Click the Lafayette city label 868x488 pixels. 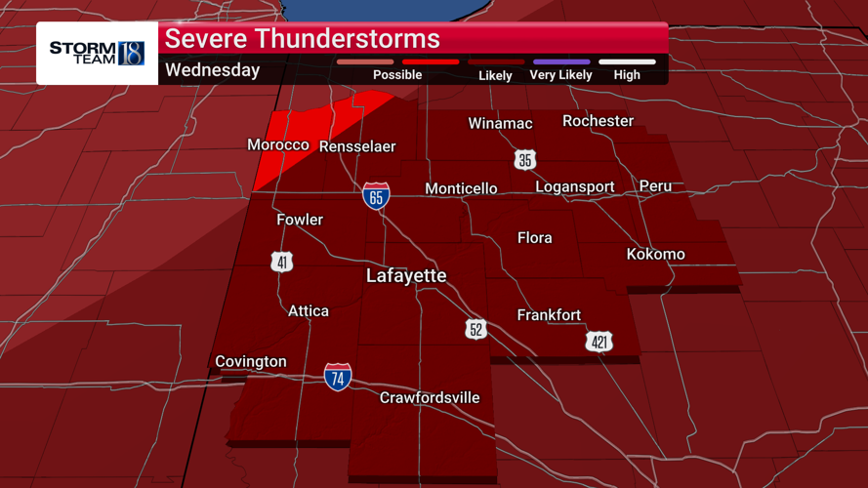(x=406, y=276)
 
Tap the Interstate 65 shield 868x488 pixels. (x=376, y=195)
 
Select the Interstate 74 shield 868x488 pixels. (x=338, y=377)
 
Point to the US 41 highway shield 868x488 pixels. (x=282, y=261)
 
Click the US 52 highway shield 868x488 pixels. (x=475, y=329)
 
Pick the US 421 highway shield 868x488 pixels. (x=599, y=341)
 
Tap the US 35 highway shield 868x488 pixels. (x=525, y=159)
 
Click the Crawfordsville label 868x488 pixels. (x=430, y=397)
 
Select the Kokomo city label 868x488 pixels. (x=655, y=254)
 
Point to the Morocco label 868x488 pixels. (x=278, y=145)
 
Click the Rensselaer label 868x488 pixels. (x=356, y=146)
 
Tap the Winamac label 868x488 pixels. (x=500, y=123)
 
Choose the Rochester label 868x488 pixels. (x=598, y=121)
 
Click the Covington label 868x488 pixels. (x=251, y=361)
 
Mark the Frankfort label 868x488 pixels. (x=549, y=314)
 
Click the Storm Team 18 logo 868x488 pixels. (x=97, y=53)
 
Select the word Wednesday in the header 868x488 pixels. (x=212, y=70)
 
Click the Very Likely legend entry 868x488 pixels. (x=560, y=74)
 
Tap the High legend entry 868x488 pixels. (x=627, y=74)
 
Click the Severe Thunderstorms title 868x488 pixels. (x=302, y=39)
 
